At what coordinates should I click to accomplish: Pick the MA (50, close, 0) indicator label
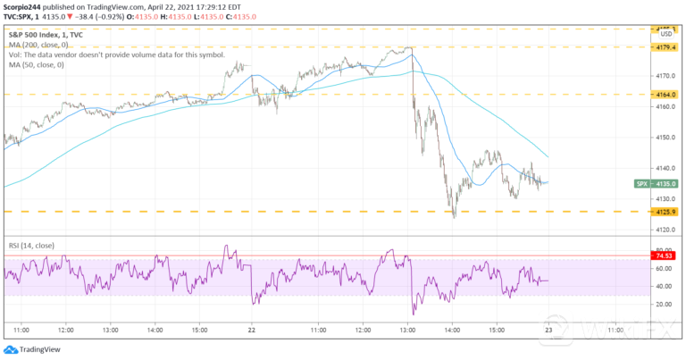click(x=37, y=63)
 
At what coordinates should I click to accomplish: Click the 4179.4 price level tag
click(x=659, y=46)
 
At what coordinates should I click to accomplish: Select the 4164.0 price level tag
click(x=659, y=94)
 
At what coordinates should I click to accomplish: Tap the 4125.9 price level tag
click(x=659, y=212)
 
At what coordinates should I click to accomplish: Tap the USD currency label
click(x=657, y=37)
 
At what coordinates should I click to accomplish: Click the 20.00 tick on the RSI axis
click(x=657, y=305)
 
